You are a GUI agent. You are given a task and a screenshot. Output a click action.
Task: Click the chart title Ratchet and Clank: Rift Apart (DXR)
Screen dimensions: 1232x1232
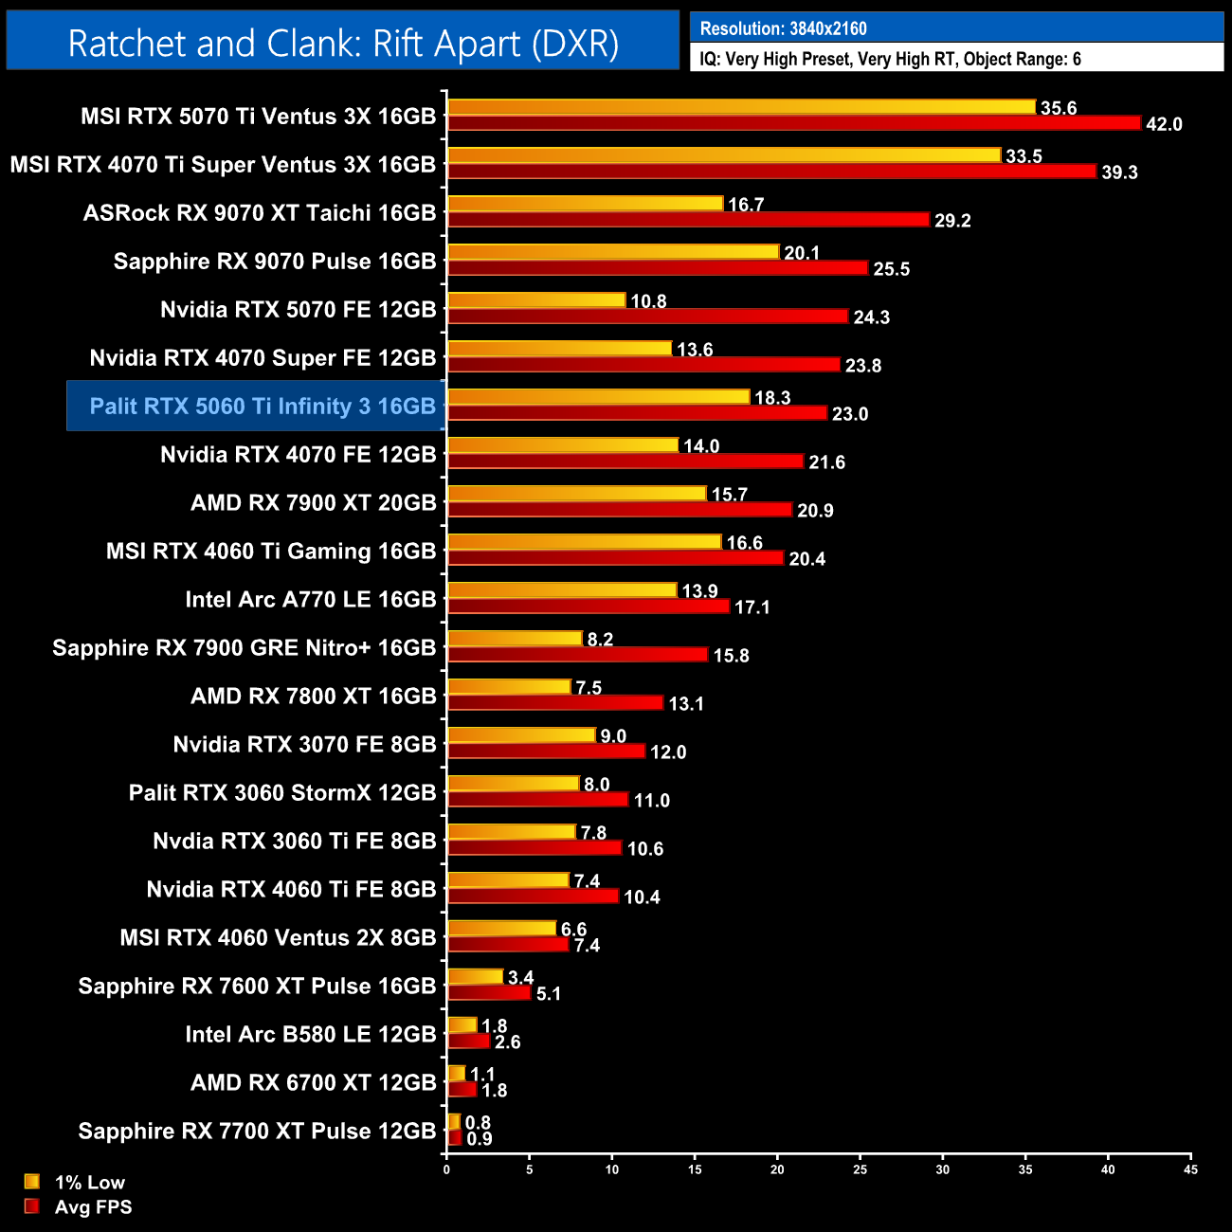[343, 44]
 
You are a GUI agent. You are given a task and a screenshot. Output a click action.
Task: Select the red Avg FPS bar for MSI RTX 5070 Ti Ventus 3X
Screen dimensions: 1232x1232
[794, 123]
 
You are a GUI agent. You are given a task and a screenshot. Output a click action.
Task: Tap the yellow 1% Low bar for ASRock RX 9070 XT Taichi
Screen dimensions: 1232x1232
[585, 204]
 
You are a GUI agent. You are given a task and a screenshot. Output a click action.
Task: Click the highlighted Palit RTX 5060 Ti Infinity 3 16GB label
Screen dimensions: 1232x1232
[263, 407]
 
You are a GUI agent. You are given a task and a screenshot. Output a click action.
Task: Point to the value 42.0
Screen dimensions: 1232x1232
[1164, 125]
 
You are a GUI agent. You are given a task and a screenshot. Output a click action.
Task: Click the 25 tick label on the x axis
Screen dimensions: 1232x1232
[860, 1169]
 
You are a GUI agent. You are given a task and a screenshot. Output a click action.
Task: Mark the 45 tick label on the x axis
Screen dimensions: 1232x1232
[1190, 1169]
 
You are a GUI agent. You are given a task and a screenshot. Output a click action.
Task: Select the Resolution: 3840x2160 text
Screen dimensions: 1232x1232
[783, 28]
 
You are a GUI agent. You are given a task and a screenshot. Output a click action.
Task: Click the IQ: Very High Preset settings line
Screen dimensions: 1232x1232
[890, 60]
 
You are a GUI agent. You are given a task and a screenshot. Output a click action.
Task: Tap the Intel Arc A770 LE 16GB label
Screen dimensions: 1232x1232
[311, 600]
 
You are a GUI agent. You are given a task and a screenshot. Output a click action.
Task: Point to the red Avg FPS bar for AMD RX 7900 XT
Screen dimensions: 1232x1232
[620, 510]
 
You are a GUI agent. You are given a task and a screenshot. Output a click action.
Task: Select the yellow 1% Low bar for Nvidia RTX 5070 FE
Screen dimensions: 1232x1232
[536, 300]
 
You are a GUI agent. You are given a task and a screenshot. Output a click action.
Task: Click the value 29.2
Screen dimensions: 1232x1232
[952, 221]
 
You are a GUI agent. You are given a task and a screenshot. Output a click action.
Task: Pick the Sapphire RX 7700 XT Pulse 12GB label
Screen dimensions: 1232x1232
[257, 1132]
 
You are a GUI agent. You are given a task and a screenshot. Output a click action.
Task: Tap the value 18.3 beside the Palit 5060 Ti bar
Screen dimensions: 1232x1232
[772, 398]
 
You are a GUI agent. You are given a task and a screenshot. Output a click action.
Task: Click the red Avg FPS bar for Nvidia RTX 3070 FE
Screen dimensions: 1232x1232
[546, 752]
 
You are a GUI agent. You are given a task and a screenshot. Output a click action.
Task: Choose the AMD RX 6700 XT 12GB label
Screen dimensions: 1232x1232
[314, 1083]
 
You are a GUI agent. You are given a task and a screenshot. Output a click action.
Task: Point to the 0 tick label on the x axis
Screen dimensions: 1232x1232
[446, 1169]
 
